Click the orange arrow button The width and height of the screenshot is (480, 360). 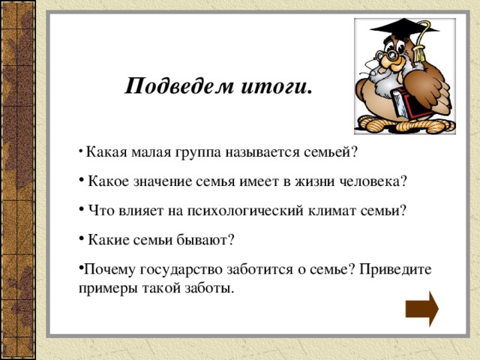click(x=421, y=309)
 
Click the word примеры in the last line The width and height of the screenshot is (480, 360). click(x=104, y=289)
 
